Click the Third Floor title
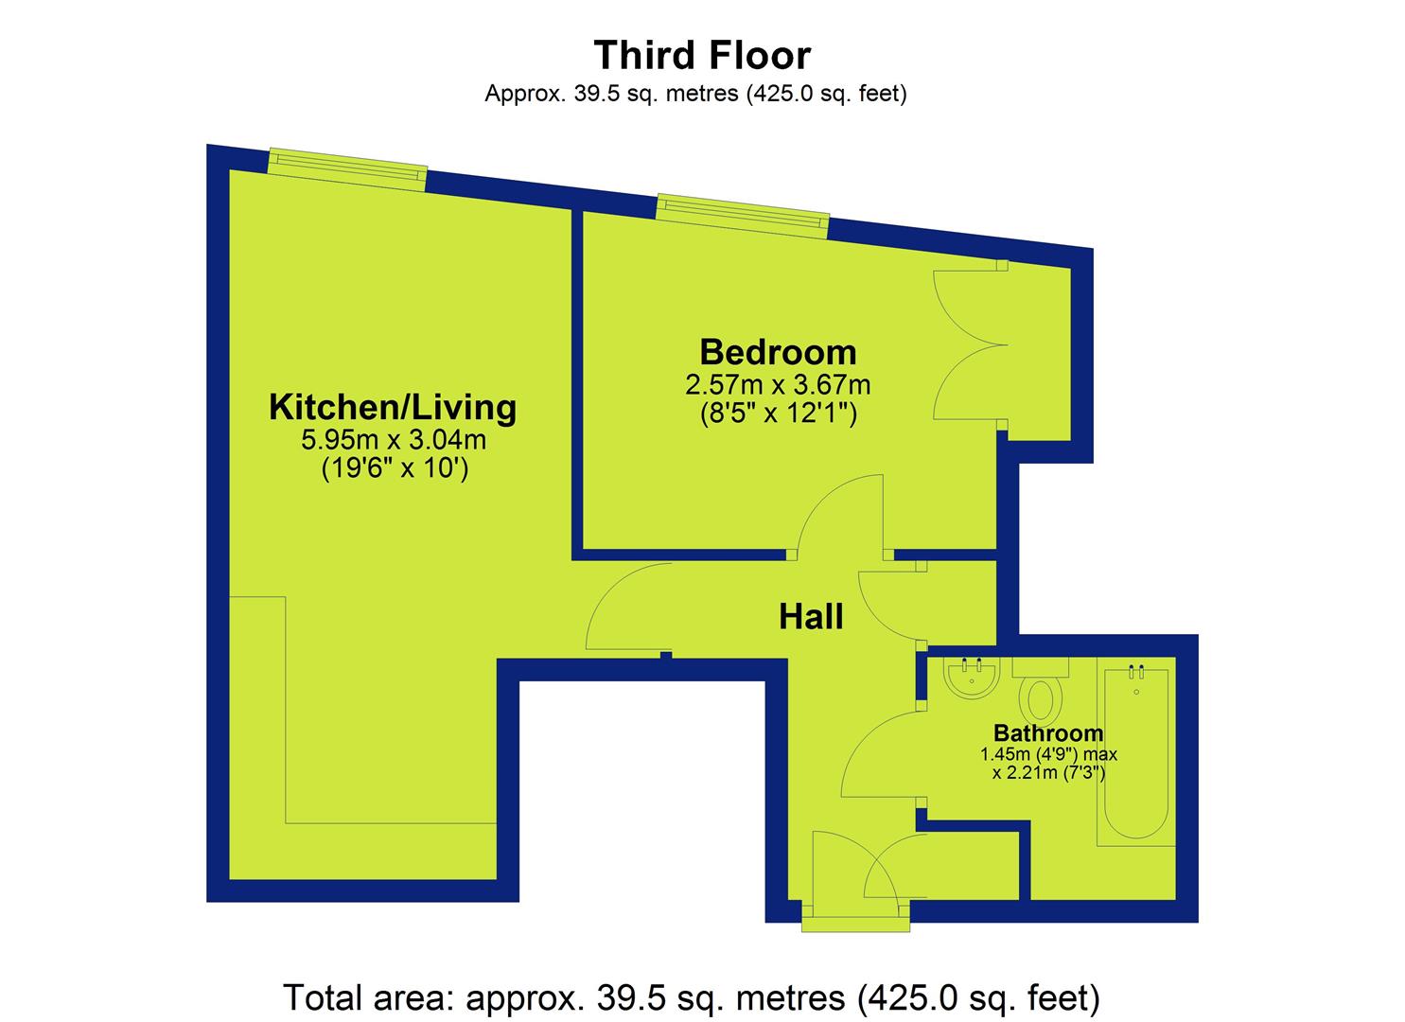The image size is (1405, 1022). (702, 55)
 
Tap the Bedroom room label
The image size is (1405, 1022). (778, 352)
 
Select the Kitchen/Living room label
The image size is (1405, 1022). (393, 407)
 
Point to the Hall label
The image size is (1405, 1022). (811, 616)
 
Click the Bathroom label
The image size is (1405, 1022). (1048, 732)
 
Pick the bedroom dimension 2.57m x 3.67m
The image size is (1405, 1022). (778, 385)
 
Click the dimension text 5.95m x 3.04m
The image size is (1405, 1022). (394, 440)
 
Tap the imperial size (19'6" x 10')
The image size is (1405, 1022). (395, 468)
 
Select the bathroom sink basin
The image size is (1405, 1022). (971, 678)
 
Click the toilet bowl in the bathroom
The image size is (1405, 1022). (1041, 699)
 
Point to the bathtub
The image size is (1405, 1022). (1135, 753)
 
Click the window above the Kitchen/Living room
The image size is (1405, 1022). (347, 168)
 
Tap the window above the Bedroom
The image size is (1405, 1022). (742, 217)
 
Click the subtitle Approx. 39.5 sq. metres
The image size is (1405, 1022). (695, 94)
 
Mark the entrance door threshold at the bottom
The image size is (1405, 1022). (855, 926)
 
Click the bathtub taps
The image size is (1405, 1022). (1136, 672)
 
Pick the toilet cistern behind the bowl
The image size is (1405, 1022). (1040, 667)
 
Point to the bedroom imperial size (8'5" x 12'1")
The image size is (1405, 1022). (778, 414)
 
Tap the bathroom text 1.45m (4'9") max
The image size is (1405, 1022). (1048, 754)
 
